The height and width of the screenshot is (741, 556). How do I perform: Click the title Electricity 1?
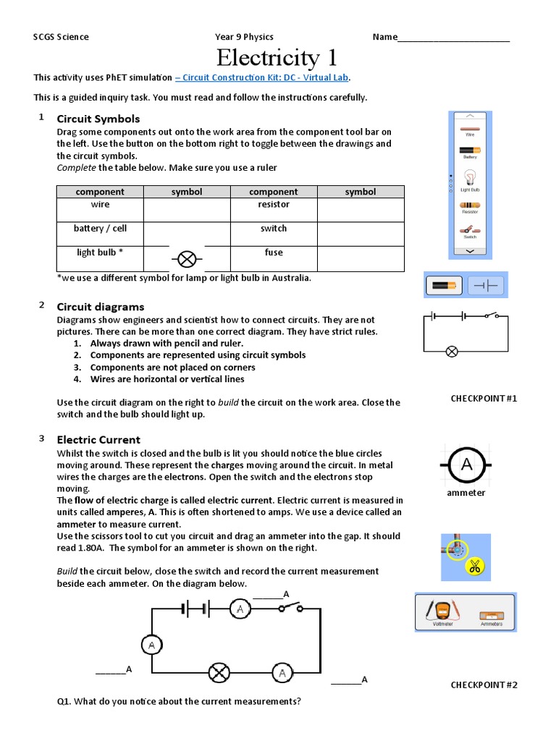[x=277, y=57]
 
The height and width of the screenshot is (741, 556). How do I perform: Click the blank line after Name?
[x=454, y=38]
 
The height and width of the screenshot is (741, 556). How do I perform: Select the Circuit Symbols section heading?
[x=98, y=119]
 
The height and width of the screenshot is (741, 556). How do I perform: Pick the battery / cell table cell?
[x=100, y=229]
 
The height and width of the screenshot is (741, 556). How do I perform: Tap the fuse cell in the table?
[x=274, y=253]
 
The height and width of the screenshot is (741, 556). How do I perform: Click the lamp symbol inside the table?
[x=187, y=258]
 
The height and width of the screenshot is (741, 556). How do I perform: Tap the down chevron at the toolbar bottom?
[x=470, y=250]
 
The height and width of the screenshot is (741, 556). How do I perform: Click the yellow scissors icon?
[x=475, y=567]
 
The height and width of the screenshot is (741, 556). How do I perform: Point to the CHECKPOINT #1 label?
[x=484, y=398]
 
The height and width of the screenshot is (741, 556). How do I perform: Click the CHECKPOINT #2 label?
[x=484, y=685]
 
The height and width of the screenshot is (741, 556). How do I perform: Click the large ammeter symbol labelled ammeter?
[x=466, y=465]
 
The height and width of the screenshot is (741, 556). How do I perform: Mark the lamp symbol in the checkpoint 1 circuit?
[x=451, y=352]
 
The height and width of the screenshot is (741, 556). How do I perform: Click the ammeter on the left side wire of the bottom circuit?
[x=151, y=643]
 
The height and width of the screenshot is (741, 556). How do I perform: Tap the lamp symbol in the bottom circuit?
[x=219, y=673]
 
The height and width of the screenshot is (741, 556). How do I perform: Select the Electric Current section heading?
[x=98, y=440]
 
